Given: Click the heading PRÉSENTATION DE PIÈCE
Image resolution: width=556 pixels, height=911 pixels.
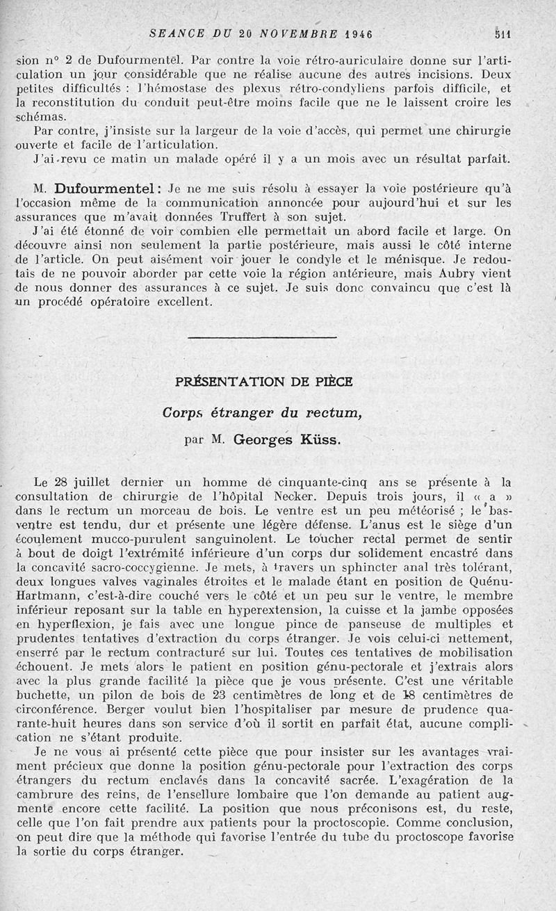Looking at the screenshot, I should pyautogui.click(x=264, y=381).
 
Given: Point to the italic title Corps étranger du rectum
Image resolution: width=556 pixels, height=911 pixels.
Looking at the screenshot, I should pyautogui.click(x=263, y=412).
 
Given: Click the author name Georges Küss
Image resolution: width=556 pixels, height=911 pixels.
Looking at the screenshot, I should pyautogui.click(x=287, y=439).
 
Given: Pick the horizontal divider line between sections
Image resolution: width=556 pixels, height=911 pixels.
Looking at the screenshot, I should pyautogui.click(x=263, y=337).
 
